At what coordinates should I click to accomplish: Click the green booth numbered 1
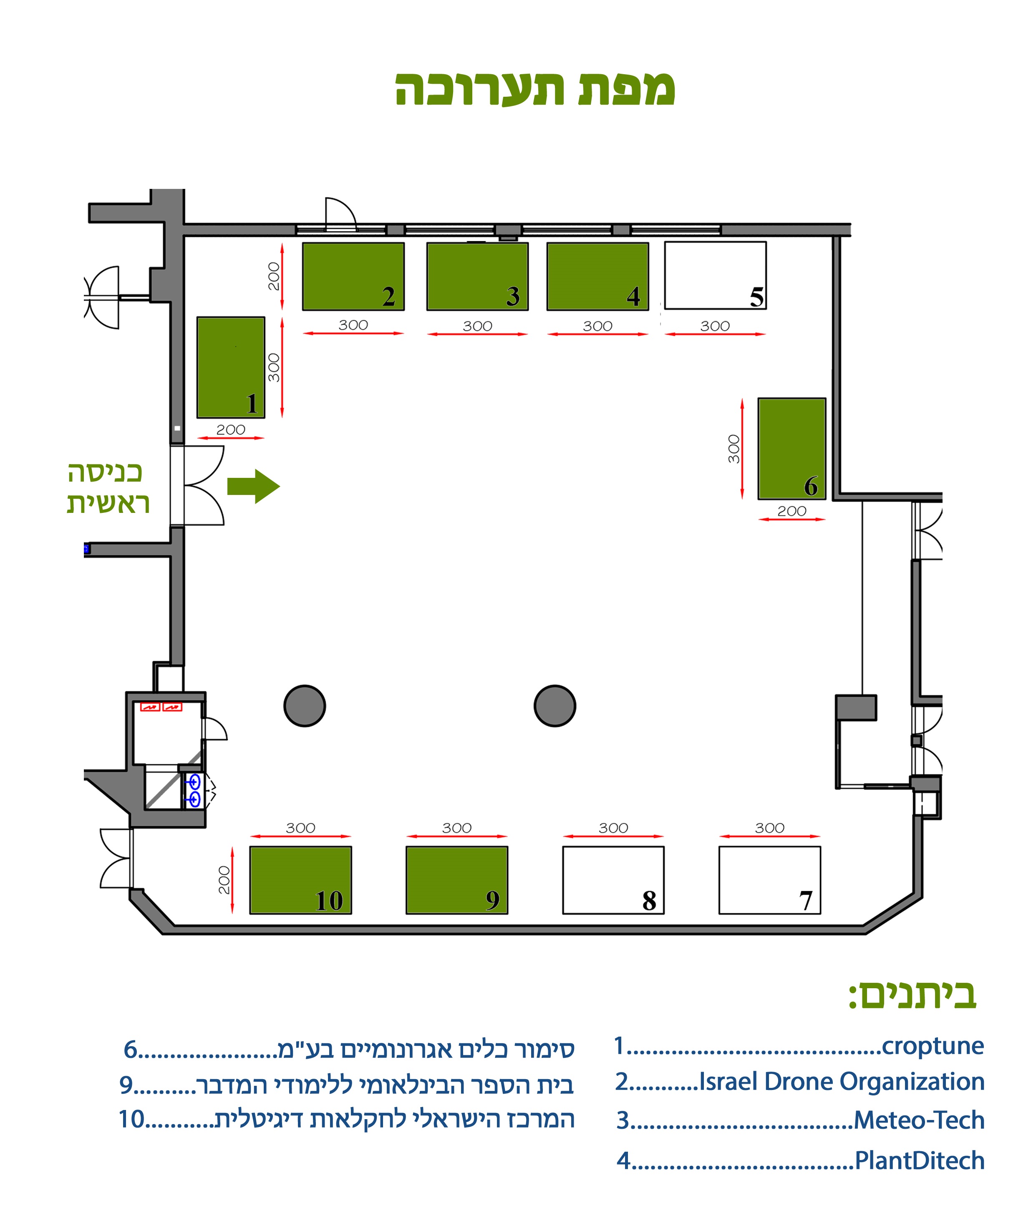(x=231, y=367)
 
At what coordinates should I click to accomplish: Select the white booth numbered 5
(x=715, y=276)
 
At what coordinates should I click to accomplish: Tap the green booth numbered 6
(x=792, y=449)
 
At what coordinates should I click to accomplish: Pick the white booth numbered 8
(x=613, y=880)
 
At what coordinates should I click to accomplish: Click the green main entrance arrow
(x=253, y=486)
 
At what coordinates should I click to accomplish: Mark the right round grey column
(x=555, y=706)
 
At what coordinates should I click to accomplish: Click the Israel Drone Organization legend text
(x=842, y=1081)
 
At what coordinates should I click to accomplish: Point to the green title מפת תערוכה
(x=535, y=89)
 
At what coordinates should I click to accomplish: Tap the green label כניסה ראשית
(x=108, y=488)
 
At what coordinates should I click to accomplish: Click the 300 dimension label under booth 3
(x=477, y=326)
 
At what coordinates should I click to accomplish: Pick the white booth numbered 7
(x=769, y=880)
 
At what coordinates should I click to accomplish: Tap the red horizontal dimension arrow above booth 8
(x=613, y=836)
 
